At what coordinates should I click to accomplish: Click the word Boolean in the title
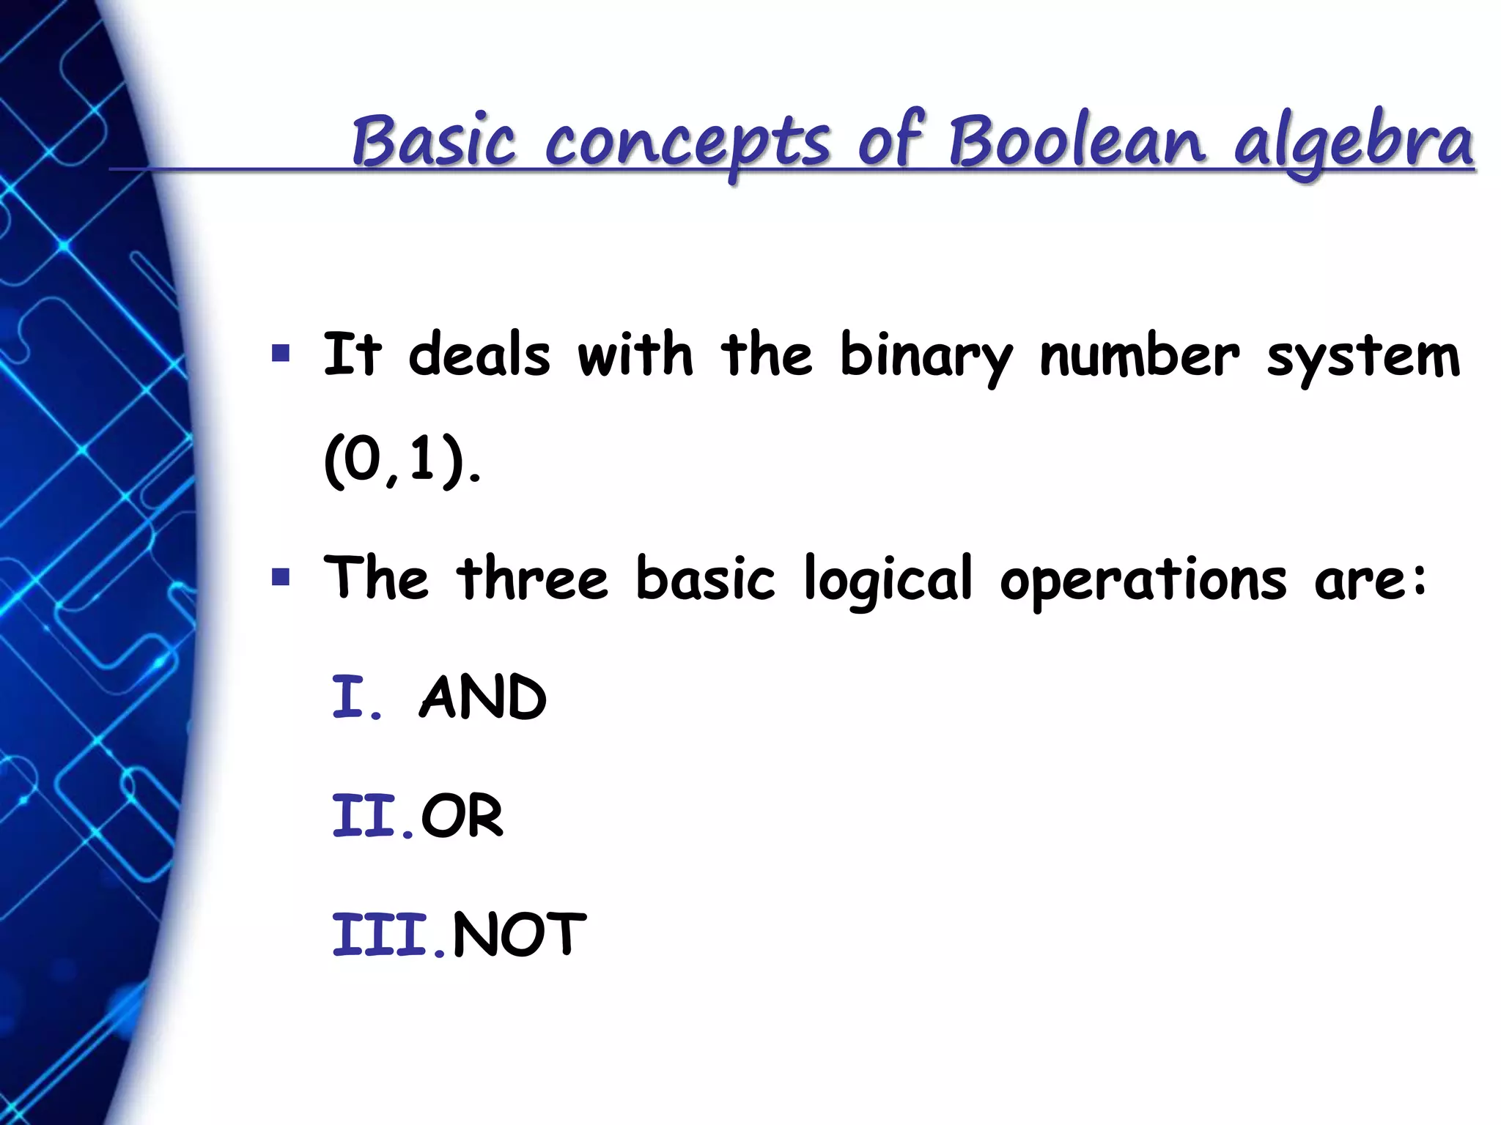tap(1077, 141)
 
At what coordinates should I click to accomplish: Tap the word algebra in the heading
tap(1353, 143)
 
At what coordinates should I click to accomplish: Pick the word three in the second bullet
tap(532, 579)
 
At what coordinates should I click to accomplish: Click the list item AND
tap(483, 697)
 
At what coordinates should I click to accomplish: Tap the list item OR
tap(462, 816)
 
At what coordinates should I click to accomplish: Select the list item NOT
tap(520, 935)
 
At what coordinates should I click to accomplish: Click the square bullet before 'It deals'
tap(280, 354)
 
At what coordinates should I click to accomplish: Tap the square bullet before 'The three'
tap(280, 578)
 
